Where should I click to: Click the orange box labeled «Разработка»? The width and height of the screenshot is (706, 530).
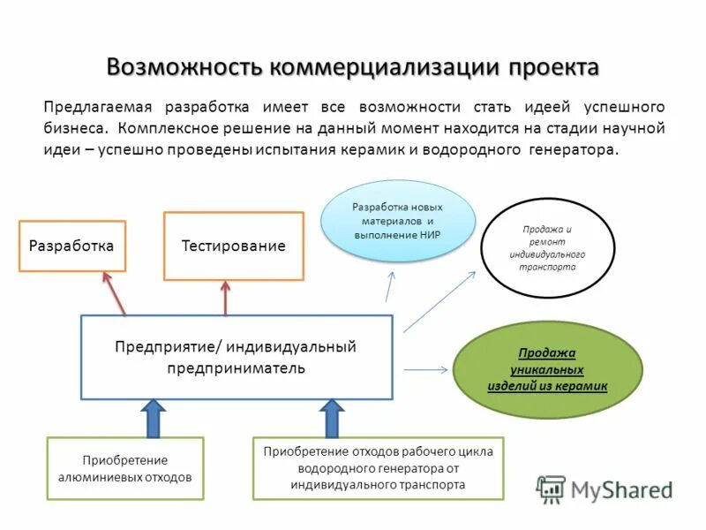tap(71, 246)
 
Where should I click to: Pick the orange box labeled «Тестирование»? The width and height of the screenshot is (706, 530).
tap(234, 246)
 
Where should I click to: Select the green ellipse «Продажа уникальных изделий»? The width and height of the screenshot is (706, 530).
tap(547, 370)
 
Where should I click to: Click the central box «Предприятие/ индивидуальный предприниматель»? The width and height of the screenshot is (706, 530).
tap(237, 357)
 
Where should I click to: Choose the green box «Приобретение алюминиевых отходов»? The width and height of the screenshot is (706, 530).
tap(124, 468)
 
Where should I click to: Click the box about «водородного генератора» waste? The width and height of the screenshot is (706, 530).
tap(378, 468)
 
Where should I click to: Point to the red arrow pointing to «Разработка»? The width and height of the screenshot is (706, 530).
tap(115, 293)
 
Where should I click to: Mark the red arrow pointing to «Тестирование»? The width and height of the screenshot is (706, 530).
tap(226, 298)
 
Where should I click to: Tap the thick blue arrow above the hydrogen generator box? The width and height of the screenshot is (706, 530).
tap(332, 419)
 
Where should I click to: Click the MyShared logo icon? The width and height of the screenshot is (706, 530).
tap(552, 488)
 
